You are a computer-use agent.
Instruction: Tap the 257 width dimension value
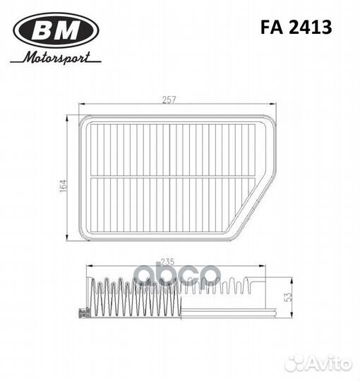pos(169,99)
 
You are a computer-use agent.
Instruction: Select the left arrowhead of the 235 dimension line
pos(87,266)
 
